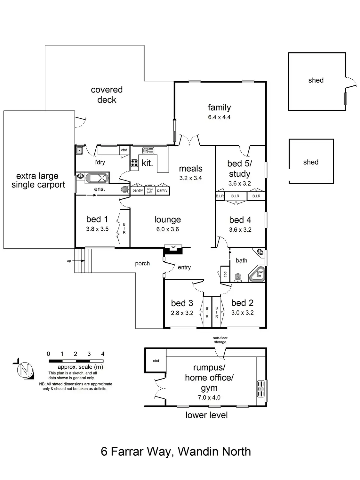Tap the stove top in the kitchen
134,163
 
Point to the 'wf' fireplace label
173,247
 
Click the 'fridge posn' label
150,190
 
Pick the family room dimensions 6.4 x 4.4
219,117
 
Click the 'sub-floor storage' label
220,340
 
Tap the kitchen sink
148,150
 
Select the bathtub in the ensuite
97,178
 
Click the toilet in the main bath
237,277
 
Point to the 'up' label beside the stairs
69,261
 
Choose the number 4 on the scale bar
103,354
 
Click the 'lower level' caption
206,415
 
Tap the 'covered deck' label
107,95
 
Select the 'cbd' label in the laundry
124,150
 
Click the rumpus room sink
261,388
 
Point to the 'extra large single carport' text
38,180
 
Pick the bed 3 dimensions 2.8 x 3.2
182,313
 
